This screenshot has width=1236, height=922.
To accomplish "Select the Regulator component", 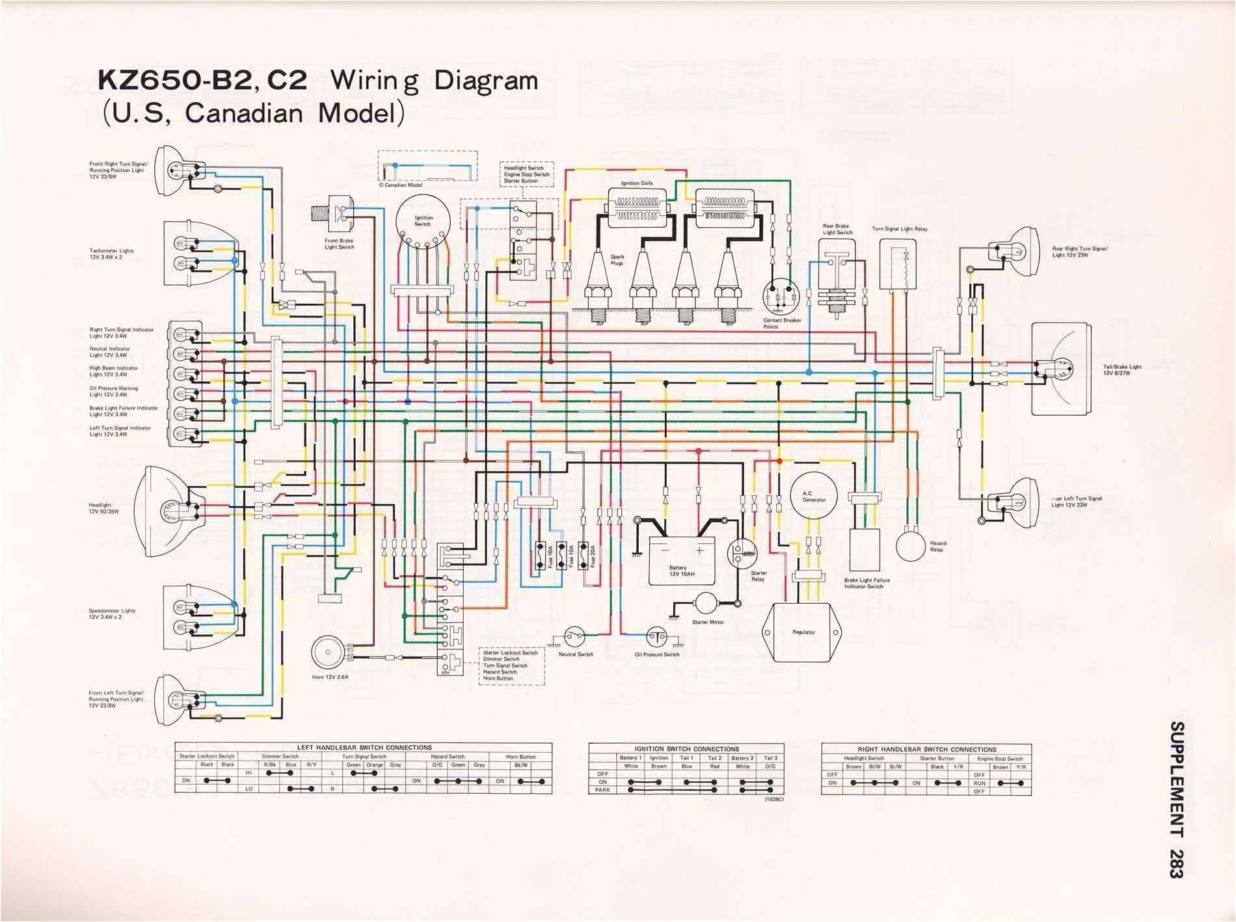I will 803,632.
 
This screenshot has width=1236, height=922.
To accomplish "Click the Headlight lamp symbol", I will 163,506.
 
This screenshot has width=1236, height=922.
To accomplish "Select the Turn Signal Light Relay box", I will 898,264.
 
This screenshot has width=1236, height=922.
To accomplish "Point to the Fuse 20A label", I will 592,557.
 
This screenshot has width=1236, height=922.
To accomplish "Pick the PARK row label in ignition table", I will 602,790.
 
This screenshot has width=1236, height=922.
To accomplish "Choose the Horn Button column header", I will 520,757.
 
